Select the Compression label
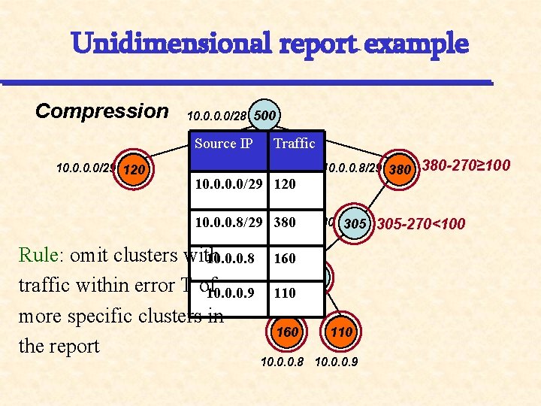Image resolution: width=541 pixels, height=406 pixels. coord(102,111)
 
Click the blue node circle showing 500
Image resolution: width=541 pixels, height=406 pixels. coord(264,117)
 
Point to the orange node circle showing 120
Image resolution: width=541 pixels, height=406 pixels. coord(134,170)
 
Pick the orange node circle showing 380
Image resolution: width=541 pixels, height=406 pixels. coord(400,169)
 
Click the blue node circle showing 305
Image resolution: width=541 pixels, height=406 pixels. coord(354,223)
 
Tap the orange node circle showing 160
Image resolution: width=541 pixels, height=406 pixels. coord(287,332)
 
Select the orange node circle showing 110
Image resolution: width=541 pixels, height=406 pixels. coord(341,332)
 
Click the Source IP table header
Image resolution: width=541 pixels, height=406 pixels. coord(223,143)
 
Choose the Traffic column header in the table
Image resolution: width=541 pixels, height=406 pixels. coord(295,143)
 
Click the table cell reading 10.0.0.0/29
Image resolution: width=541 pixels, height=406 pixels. coord(228,183)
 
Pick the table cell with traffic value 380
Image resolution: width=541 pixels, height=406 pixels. coord(285,223)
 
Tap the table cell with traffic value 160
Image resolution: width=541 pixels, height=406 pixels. coord(285,258)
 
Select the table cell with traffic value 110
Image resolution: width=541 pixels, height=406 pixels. coord(285,292)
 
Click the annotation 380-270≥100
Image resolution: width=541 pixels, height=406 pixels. coord(467,165)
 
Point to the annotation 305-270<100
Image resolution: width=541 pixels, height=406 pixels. coord(421,223)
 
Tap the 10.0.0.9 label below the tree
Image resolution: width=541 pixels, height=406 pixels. coord(336,362)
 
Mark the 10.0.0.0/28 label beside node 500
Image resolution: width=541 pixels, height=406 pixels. coord(217,117)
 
